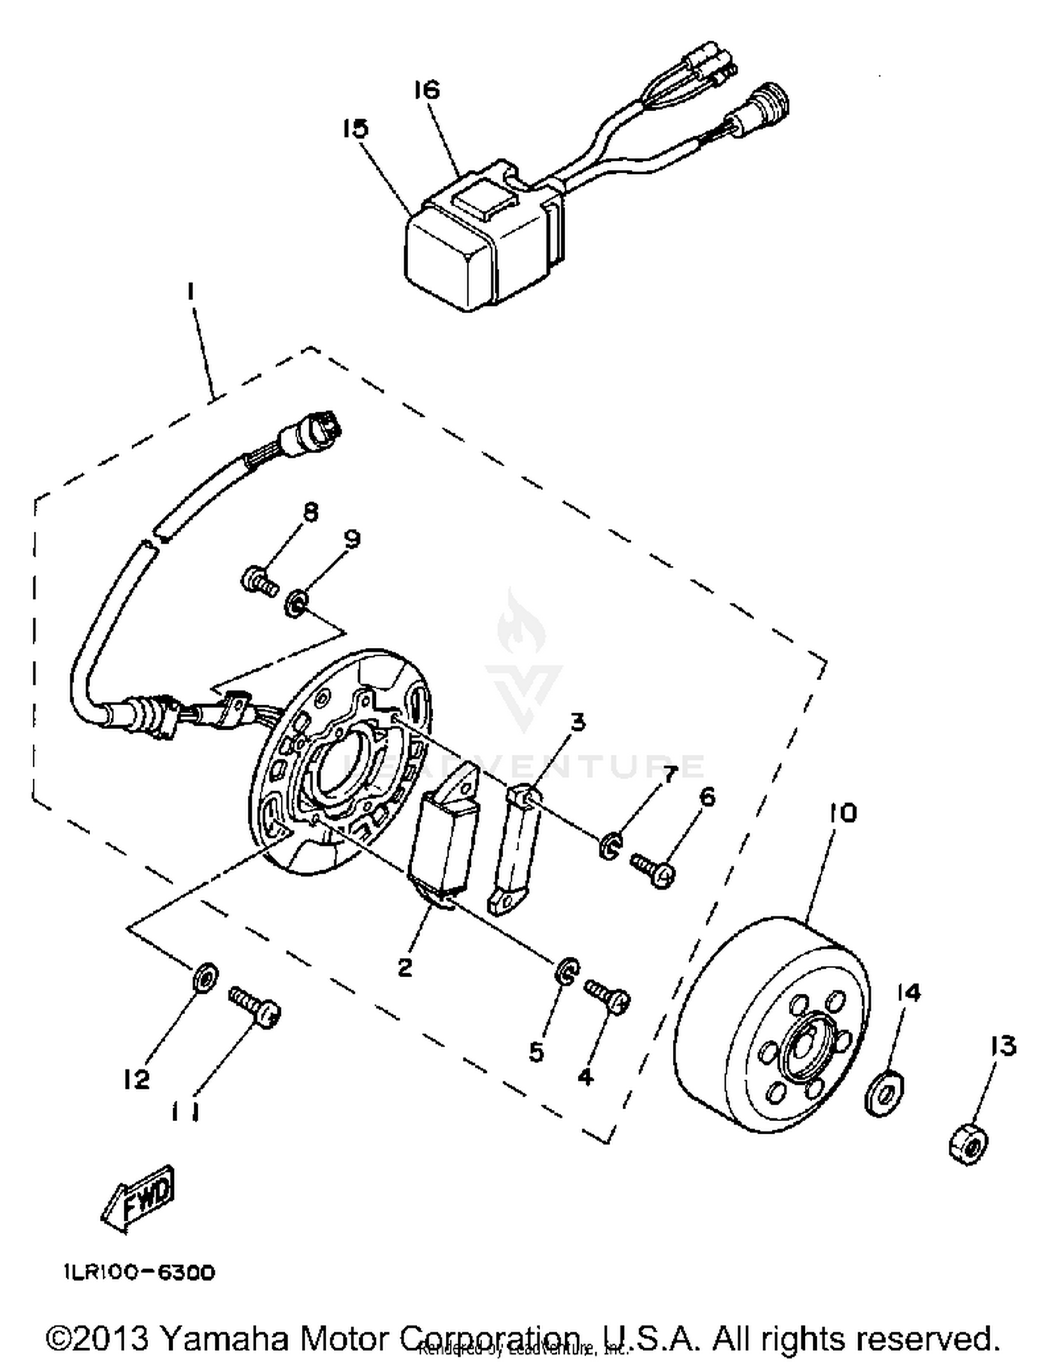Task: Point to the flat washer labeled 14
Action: click(884, 1092)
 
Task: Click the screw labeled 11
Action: click(255, 1006)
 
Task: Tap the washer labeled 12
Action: click(204, 976)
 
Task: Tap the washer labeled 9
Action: click(297, 602)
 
